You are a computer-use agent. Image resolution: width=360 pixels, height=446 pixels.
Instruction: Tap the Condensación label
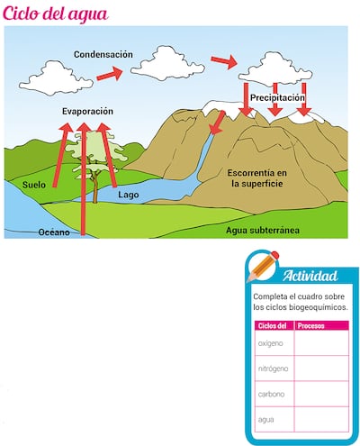click(x=103, y=54)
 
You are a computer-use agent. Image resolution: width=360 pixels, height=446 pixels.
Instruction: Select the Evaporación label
click(x=87, y=111)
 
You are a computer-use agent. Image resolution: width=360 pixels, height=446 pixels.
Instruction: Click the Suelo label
click(x=34, y=186)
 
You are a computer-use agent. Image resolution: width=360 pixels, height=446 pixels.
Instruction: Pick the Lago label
click(x=129, y=195)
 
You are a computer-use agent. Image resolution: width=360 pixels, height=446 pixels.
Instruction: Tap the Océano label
click(x=53, y=232)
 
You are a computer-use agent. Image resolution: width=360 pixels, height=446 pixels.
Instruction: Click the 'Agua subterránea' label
click(x=263, y=230)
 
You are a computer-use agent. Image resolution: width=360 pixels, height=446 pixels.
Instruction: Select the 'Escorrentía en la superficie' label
click(x=256, y=177)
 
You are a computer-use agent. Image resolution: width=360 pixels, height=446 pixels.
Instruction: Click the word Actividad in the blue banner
click(x=310, y=276)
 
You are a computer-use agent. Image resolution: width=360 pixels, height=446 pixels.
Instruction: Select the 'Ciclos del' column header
click(x=271, y=325)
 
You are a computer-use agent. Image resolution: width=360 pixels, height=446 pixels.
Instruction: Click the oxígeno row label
click(x=270, y=343)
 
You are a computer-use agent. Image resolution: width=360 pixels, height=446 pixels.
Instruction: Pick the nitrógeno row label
click(x=273, y=369)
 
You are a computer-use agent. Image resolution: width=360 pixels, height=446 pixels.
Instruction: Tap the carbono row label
click(x=271, y=394)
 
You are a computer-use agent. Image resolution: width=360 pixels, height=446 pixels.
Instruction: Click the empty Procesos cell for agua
click(x=321, y=419)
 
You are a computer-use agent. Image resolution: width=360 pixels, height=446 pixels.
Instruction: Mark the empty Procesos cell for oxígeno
click(x=321, y=343)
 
